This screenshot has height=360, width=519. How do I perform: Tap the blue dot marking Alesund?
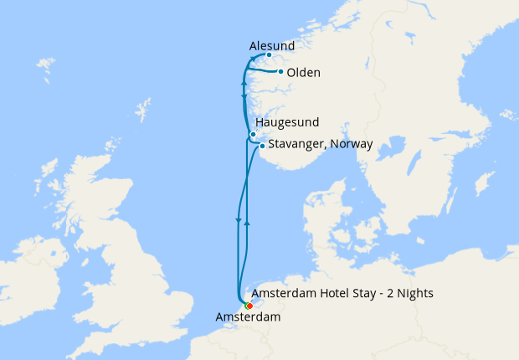pyautogui.click(x=269, y=55)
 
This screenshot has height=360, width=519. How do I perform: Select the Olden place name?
pyautogui.click(x=303, y=73)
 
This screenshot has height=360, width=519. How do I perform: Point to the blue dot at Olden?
pyautogui.click(x=280, y=72)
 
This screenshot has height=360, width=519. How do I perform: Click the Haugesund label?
pyautogui.click(x=287, y=122)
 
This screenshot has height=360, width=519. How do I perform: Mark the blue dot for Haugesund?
pyautogui.click(x=253, y=134)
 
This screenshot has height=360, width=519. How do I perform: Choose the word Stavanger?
pyautogui.click(x=296, y=144)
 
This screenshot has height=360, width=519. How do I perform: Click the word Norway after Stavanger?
pyautogui.click(x=352, y=144)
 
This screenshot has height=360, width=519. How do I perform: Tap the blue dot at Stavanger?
pyautogui.click(x=262, y=146)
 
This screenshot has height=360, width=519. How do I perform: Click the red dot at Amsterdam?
pyautogui.click(x=249, y=306)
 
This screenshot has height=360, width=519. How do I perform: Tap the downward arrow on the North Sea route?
pyautogui.click(x=239, y=221)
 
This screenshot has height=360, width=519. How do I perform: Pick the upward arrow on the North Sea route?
pyautogui.click(x=248, y=203)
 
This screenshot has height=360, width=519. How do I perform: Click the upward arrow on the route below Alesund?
pyautogui.click(x=244, y=83)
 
